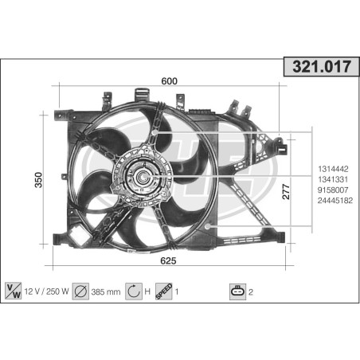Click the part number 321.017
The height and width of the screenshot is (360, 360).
coord(317,68)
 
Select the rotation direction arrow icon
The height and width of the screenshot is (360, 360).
coord(133,291)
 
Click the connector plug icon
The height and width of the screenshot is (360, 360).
coord(237,291)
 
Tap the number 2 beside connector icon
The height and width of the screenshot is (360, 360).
coord(252,291)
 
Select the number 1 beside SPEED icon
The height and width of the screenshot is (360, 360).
coord(178,291)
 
